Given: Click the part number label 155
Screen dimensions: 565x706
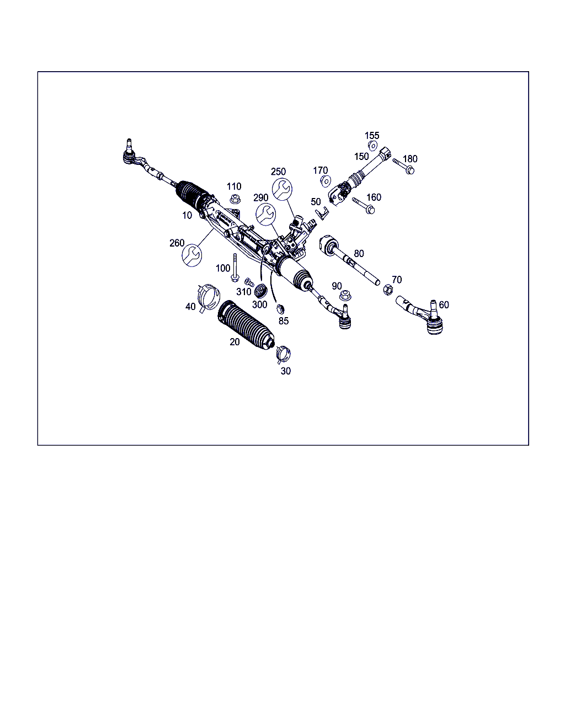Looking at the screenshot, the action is pyautogui.click(x=372, y=136).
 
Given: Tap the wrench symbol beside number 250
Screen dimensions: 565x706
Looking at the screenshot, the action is pyautogui.click(x=282, y=189).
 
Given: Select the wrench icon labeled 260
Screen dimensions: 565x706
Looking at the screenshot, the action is pyautogui.click(x=191, y=255).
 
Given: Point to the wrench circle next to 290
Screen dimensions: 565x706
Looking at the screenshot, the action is pyautogui.click(x=265, y=215).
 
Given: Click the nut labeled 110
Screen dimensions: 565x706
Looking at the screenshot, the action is pyautogui.click(x=235, y=199).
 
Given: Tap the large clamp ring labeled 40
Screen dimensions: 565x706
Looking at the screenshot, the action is pyautogui.click(x=208, y=298).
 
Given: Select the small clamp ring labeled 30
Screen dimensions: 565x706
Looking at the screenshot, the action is pyautogui.click(x=283, y=354).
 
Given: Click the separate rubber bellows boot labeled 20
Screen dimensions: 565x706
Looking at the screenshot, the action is pyautogui.click(x=246, y=325).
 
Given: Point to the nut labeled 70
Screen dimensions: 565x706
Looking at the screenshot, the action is pyautogui.click(x=388, y=290).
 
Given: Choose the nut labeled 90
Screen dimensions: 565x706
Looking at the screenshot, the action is pyautogui.click(x=345, y=295).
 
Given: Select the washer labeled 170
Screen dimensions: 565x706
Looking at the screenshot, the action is pyautogui.click(x=326, y=181).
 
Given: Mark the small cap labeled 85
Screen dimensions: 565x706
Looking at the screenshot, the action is pyautogui.click(x=280, y=309).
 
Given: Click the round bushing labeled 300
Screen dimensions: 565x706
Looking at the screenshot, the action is pyautogui.click(x=260, y=291).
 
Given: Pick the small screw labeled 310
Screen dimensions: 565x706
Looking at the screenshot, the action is pyautogui.click(x=249, y=282).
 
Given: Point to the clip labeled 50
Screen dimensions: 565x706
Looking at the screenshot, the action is pyautogui.click(x=322, y=213).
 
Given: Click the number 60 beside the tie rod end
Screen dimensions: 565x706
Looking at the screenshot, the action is pyautogui.click(x=444, y=305).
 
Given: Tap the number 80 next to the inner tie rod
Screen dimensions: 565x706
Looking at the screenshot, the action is pyautogui.click(x=359, y=253).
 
